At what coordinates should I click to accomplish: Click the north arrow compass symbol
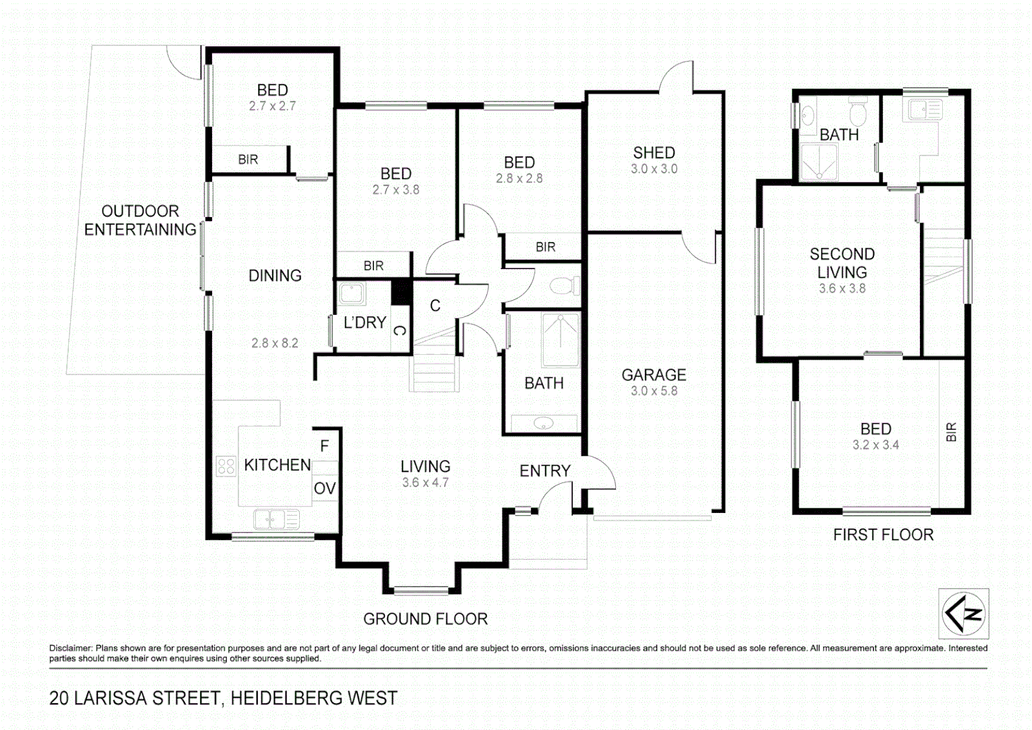[x=964, y=614]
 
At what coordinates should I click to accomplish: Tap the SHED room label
[x=654, y=153]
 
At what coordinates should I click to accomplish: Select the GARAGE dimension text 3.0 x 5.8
[x=654, y=391]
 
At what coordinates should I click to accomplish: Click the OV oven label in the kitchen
[x=325, y=488]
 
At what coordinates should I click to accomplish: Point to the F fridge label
[x=325, y=446]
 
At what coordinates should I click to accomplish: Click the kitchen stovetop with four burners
[x=226, y=466]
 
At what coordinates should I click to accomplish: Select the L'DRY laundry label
[x=365, y=323]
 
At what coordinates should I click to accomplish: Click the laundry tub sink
[x=352, y=294]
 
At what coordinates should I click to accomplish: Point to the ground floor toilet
[x=565, y=286]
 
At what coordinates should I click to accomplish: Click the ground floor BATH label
[x=544, y=383]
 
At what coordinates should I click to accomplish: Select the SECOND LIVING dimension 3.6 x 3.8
[x=842, y=289]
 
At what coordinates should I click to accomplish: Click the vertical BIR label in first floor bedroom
[x=952, y=432]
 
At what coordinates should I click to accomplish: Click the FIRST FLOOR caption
[x=883, y=535]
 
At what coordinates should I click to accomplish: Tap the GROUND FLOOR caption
[x=425, y=618]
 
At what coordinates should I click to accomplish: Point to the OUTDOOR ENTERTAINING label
[x=140, y=220]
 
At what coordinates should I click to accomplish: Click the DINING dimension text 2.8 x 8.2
[x=274, y=343]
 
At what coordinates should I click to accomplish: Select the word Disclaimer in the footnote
[x=70, y=648]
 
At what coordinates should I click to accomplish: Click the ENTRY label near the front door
[x=544, y=470]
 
